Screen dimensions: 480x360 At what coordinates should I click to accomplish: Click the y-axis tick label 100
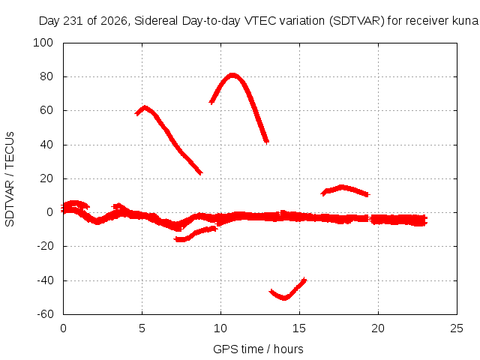pyautogui.click(x=43, y=43)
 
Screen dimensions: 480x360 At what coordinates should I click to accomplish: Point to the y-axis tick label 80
pyautogui.click(x=46, y=76)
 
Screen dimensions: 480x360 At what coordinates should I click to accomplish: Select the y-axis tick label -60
pyautogui.click(x=45, y=314)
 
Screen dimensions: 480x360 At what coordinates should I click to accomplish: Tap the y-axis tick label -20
pyautogui.click(x=45, y=246)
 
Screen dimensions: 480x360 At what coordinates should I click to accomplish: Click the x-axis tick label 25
pyautogui.click(x=457, y=328)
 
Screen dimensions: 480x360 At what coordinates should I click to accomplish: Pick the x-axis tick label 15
pyautogui.click(x=299, y=328)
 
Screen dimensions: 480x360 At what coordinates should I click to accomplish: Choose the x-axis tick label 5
pyautogui.click(x=142, y=328)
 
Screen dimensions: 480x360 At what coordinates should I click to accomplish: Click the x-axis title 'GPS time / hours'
pyautogui.click(x=258, y=349)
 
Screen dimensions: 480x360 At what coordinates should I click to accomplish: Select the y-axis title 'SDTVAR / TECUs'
pyautogui.click(x=10, y=179)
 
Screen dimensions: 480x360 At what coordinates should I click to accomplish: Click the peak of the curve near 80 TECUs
pyautogui.click(x=232, y=75)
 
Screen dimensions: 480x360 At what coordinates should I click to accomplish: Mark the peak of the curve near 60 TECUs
pyautogui.click(x=145, y=108)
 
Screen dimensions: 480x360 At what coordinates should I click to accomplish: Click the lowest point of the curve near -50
pyautogui.click(x=284, y=298)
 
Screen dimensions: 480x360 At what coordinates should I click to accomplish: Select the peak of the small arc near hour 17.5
pyautogui.click(x=342, y=187)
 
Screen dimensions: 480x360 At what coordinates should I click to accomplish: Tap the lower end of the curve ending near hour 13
pyautogui.click(x=267, y=142)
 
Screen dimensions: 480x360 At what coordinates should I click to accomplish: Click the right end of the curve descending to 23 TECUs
pyautogui.click(x=200, y=173)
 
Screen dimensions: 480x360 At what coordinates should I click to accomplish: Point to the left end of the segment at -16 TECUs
pyautogui.click(x=175, y=239)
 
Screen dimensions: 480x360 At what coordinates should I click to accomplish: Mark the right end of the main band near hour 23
pyautogui.click(x=426, y=220)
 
